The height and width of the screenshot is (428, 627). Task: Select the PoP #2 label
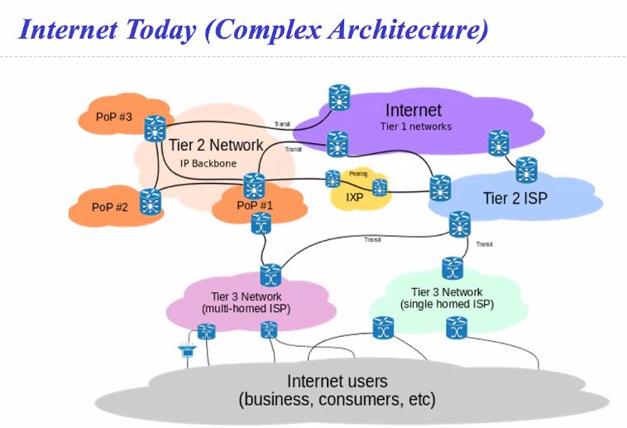109,206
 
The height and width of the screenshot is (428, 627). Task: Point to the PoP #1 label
254,205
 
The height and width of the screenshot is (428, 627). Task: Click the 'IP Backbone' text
208,163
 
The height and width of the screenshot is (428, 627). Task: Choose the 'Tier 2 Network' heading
215,145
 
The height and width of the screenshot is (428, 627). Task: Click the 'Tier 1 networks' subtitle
415,127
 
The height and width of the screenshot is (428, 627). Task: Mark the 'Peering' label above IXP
357,173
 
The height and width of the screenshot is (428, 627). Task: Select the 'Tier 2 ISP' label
515,198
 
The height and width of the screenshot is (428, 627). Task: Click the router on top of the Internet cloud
338,98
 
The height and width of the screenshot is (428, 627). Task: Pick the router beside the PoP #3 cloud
155,129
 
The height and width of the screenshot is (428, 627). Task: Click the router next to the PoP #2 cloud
150,202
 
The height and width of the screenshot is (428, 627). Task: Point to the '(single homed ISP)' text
447,304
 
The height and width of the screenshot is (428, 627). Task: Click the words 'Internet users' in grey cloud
337,381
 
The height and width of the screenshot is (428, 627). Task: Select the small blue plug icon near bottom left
184,353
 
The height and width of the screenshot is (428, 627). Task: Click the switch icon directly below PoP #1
261,224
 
